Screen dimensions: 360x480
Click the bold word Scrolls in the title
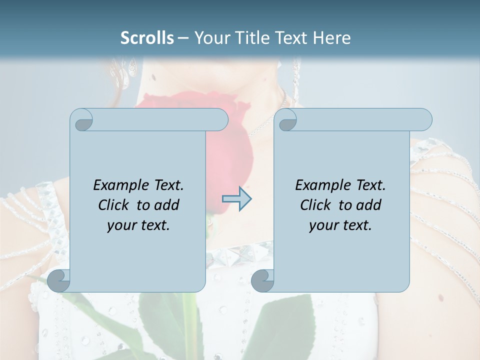coord(147,37)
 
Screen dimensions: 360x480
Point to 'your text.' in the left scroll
coord(138,225)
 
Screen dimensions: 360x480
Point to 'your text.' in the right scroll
coord(340,225)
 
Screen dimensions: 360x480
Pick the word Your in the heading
coord(210,37)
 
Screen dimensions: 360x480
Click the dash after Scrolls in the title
coord(183,38)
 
